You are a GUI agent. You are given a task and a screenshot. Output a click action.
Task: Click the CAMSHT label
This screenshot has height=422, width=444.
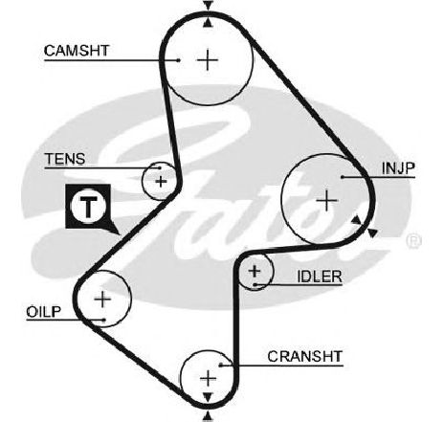[77, 51]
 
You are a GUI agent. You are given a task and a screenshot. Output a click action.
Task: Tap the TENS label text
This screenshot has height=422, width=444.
[65, 159]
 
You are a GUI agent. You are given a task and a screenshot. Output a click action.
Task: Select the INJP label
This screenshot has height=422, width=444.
[398, 168]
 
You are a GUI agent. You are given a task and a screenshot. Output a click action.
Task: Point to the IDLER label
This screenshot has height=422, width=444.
[320, 277]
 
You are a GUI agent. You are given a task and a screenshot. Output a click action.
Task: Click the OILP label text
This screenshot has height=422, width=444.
[43, 312]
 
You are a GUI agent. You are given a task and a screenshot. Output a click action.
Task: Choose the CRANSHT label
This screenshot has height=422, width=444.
[305, 356]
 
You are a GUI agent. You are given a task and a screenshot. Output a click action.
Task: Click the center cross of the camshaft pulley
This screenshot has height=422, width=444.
[208, 59]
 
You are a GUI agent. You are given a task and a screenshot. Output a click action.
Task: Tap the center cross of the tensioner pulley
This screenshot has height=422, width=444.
[161, 182]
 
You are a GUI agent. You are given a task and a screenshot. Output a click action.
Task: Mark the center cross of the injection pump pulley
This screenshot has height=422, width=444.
[326, 201]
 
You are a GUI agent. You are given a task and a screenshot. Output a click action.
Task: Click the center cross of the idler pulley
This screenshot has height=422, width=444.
[255, 271]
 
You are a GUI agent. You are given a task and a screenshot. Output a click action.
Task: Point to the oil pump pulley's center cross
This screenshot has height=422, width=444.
[102, 300]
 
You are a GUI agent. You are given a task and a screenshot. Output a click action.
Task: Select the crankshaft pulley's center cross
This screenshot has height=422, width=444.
[208, 379]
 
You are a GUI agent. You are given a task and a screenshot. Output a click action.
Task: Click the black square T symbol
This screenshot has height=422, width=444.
[88, 206]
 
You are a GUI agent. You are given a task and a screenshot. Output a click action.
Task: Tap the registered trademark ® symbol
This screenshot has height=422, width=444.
[414, 241]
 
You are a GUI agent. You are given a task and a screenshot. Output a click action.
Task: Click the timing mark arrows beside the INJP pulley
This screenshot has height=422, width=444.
[364, 226]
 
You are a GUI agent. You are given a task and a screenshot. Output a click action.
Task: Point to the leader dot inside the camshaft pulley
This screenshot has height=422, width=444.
[179, 60]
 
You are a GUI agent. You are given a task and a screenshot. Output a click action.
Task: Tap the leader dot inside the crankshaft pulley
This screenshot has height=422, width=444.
[221, 365]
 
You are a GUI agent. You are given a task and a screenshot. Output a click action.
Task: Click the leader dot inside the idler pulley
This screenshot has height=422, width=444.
[255, 284]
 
